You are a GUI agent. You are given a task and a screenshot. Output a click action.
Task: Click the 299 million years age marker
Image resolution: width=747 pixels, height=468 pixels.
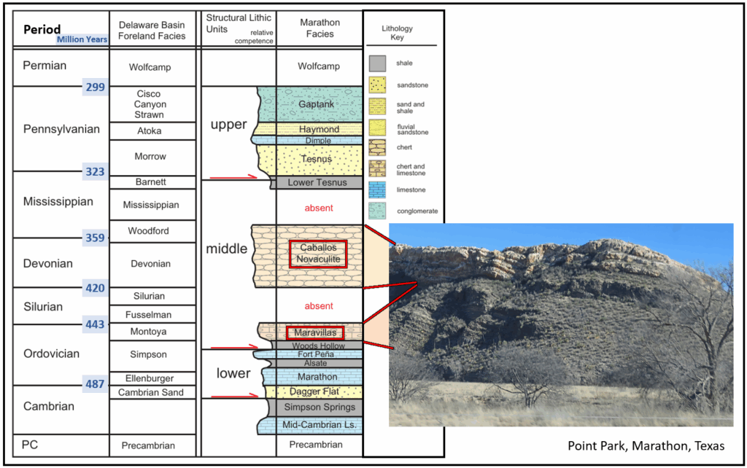point(96,87)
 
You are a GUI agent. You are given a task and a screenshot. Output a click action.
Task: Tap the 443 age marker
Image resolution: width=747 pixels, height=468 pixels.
point(95,324)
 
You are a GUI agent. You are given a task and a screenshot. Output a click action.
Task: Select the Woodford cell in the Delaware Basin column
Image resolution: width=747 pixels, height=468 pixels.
point(148,231)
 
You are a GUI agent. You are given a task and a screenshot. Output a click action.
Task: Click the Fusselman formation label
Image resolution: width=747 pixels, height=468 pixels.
point(148,315)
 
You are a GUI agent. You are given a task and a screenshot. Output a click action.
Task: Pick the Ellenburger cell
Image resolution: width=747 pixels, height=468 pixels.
point(150,378)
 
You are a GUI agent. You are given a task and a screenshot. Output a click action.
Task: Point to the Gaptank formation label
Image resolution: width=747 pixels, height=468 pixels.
point(317,104)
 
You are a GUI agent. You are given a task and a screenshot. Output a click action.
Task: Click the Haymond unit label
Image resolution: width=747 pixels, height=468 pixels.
point(320,129)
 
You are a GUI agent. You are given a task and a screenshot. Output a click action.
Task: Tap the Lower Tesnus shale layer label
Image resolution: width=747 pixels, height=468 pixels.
point(317,182)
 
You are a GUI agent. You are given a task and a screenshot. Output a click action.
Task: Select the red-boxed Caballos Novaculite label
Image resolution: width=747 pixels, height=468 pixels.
point(318,253)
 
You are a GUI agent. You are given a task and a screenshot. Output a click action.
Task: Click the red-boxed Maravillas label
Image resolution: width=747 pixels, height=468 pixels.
point(315,332)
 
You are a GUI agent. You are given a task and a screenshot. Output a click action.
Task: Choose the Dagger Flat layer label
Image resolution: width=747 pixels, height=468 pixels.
point(314,391)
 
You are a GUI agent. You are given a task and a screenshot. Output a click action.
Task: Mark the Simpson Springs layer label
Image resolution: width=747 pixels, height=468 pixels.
point(320,407)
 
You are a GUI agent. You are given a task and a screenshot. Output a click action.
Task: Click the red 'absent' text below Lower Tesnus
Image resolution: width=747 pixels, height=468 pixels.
point(319,208)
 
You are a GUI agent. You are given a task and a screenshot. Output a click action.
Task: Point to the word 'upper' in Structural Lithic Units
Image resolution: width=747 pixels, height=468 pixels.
point(228,125)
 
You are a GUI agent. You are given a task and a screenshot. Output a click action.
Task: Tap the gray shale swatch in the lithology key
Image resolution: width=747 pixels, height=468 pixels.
point(377,63)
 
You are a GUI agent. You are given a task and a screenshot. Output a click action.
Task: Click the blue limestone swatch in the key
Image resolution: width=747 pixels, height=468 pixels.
point(377,190)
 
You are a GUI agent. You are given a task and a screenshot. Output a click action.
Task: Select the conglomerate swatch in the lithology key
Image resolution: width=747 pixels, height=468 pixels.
point(377,211)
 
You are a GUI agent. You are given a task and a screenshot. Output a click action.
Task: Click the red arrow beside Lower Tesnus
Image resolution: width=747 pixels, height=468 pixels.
point(233,178)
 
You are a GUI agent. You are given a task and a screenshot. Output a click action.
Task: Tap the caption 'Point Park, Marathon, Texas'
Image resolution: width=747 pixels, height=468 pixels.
point(646,446)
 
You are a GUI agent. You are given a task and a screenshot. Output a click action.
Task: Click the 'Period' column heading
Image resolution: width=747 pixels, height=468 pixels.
point(42,29)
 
